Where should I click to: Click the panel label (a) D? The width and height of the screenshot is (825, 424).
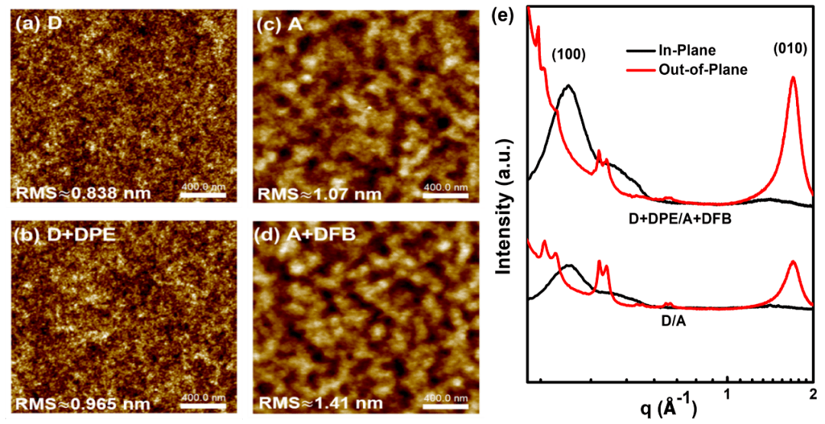tap(38, 24)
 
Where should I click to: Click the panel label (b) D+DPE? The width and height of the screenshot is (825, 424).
tap(63, 235)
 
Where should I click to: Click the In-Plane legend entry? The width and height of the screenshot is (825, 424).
tap(686, 50)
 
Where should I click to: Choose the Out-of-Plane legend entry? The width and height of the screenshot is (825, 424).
tap(701, 70)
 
